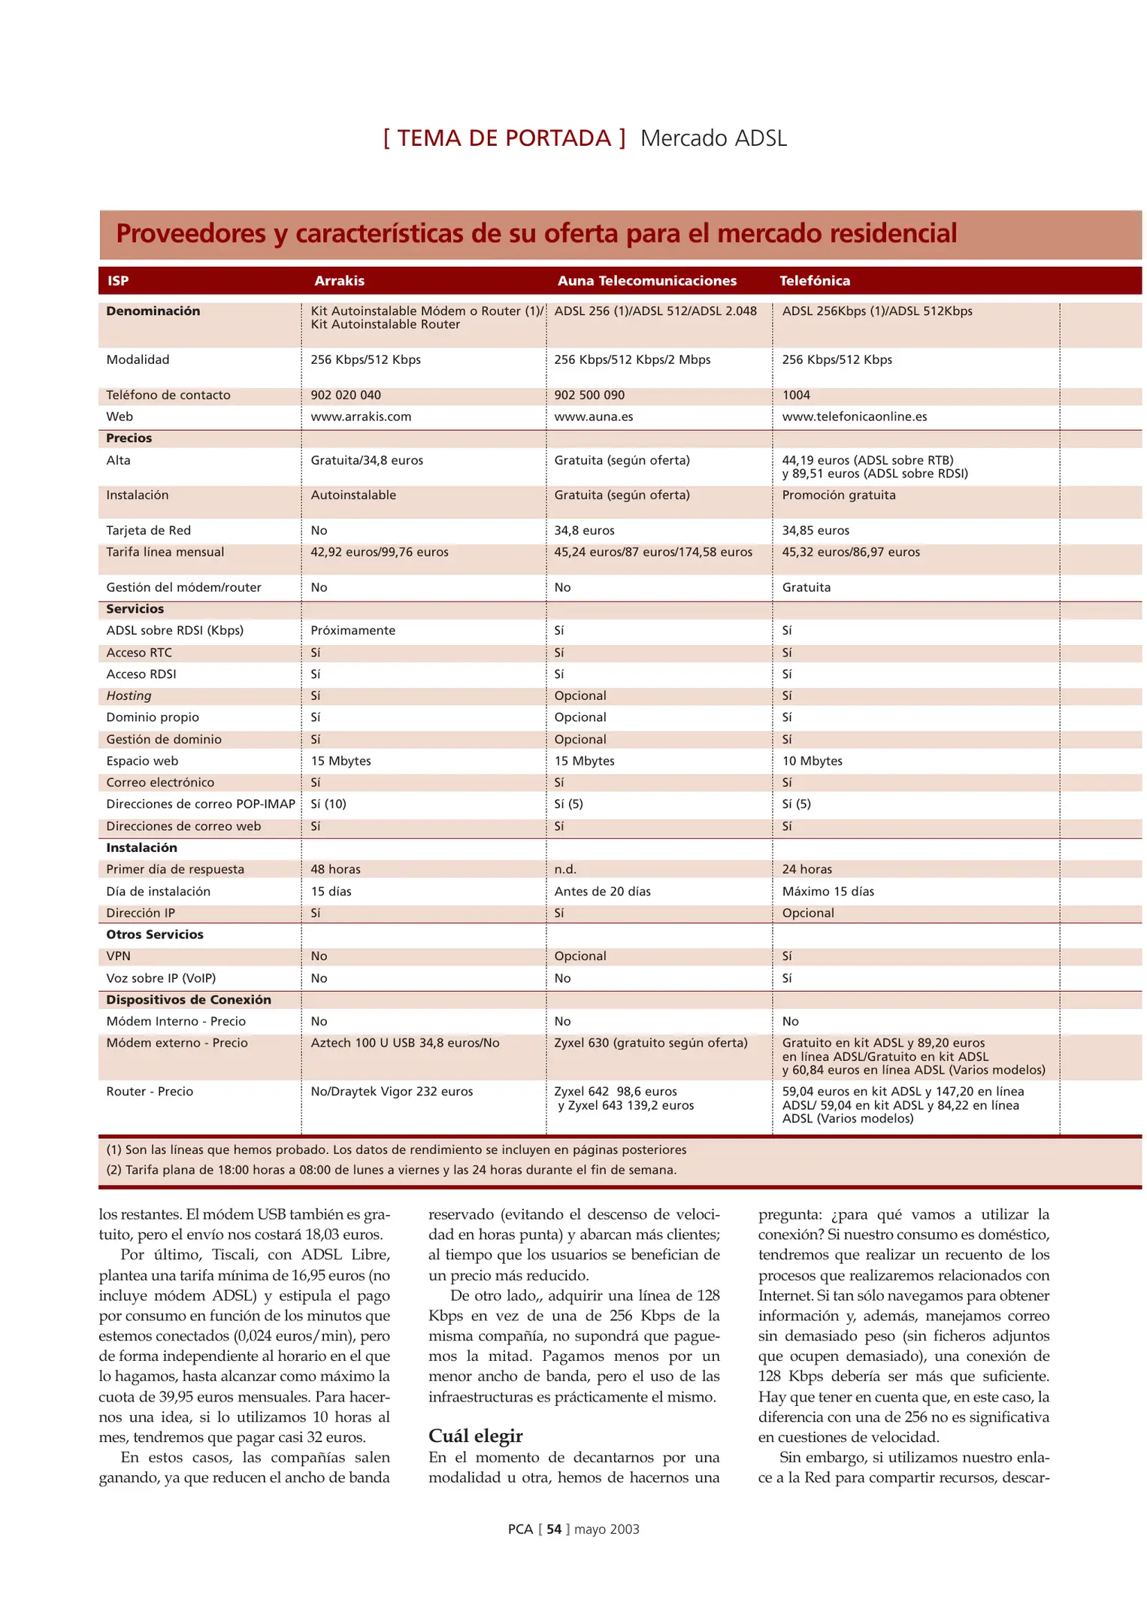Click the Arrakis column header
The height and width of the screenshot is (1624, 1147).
pyautogui.click(x=339, y=280)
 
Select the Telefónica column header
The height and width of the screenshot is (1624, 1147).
pyautogui.click(x=814, y=280)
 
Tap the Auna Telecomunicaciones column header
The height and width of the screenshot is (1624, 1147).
pyautogui.click(x=646, y=280)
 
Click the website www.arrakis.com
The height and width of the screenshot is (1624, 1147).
pyautogui.click(x=361, y=417)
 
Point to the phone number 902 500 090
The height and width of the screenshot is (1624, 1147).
pyautogui.click(x=589, y=395)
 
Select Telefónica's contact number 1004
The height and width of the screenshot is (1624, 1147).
pyautogui.click(x=796, y=395)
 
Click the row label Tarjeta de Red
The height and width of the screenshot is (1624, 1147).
pyautogui.click(x=148, y=530)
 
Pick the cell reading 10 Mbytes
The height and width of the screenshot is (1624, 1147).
pyautogui.click(x=812, y=761)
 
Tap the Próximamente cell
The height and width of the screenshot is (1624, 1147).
pyautogui.click(x=353, y=630)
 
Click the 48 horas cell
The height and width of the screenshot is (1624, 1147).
pyautogui.click(x=335, y=869)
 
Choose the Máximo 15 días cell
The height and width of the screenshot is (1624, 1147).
pyautogui.click(x=828, y=891)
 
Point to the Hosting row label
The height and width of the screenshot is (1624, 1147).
pyautogui.click(x=129, y=695)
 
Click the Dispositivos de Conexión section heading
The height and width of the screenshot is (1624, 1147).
pyautogui.click(x=188, y=999)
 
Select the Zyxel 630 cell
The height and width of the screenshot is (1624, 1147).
pyautogui.click(x=650, y=1043)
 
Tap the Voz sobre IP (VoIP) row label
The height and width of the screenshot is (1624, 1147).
pyautogui.click(x=161, y=978)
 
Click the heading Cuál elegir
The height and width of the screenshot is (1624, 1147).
pyautogui.click(x=475, y=1436)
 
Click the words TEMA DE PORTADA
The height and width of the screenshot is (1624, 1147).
pyautogui.click(x=504, y=138)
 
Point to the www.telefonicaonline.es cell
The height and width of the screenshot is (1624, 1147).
pyautogui.click(x=854, y=417)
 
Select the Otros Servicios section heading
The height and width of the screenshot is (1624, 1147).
pyautogui.click(x=154, y=935)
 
